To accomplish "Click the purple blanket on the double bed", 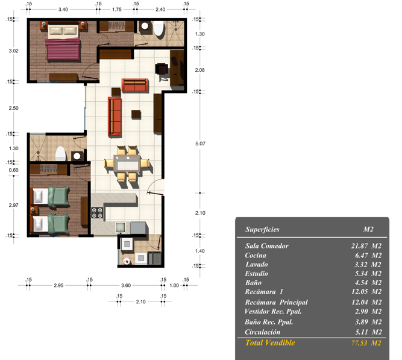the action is click(x=63, y=49).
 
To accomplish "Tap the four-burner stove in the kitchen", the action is click(x=97, y=213).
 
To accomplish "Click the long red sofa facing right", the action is click(x=115, y=116).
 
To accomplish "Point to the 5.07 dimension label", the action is click(x=200, y=144).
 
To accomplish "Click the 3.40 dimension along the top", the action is click(x=63, y=10).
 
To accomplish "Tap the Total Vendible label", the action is click(x=270, y=343).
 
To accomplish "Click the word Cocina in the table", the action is click(x=256, y=255).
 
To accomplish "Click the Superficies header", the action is click(x=262, y=229).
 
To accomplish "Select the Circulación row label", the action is click(x=263, y=332).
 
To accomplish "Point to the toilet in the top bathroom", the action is click(x=159, y=28).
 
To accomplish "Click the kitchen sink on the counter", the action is click(x=121, y=227).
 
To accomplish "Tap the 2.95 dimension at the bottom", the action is click(x=58, y=285).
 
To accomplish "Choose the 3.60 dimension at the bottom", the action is click(x=126, y=285).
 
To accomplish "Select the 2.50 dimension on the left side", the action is click(x=14, y=108).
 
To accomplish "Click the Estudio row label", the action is click(x=256, y=274).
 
